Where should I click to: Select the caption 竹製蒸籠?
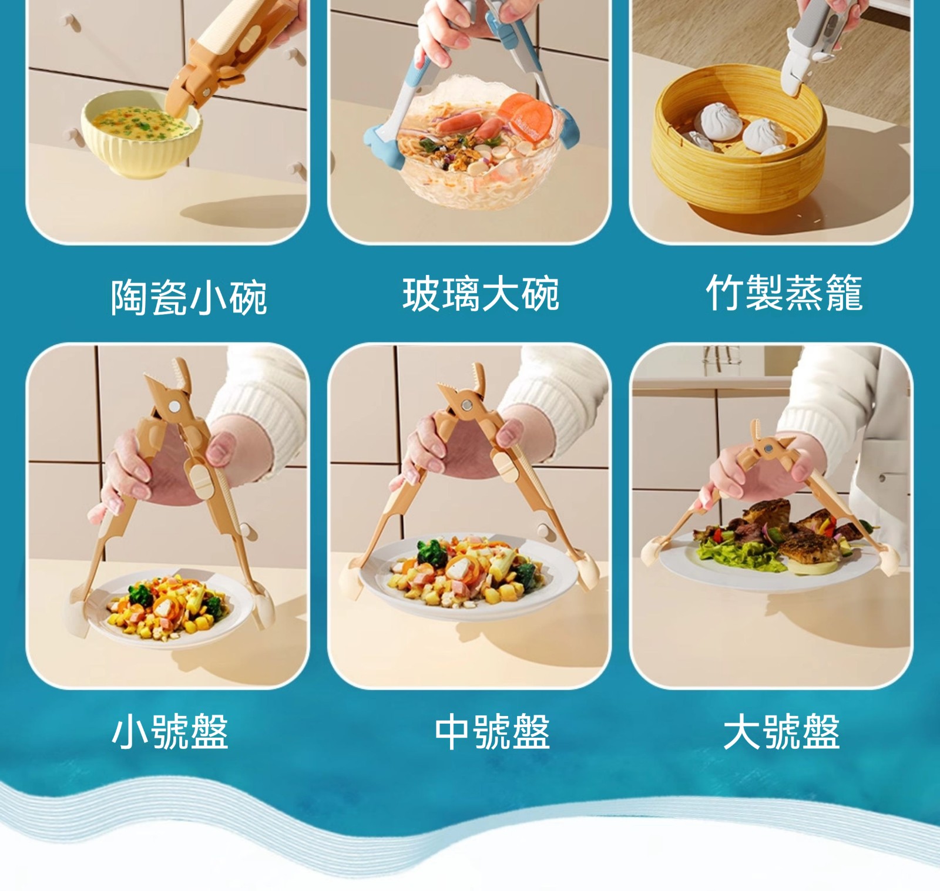(x=784, y=292)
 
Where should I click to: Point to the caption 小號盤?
(x=170, y=731)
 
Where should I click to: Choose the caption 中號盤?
(x=492, y=731)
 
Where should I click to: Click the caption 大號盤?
(x=781, y=731)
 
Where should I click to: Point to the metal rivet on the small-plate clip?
(x=175, y=406)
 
